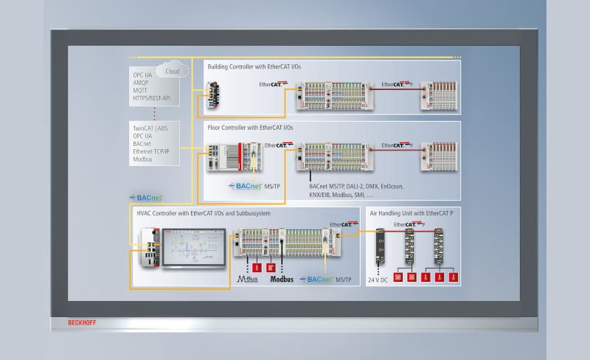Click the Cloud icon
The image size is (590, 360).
171,72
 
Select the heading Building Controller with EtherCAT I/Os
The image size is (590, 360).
254,66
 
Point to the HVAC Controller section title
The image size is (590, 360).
204,213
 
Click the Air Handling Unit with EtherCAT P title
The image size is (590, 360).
409,213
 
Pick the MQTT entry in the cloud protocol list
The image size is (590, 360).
140,89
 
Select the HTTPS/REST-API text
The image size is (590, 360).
151,97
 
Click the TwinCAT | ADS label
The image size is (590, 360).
150,128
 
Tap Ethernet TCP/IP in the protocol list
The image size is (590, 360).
151,151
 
